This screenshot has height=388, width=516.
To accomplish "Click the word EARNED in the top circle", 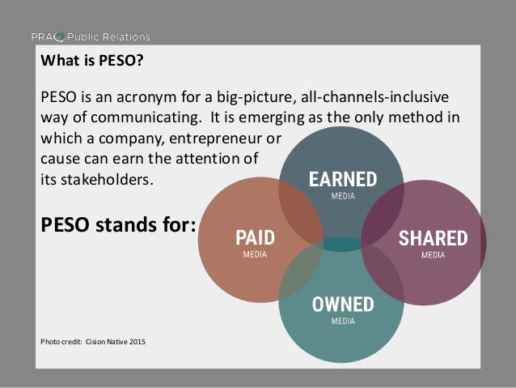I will pyautogui.click(x=343, y=179).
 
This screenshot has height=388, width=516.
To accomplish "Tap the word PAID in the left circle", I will pyautogui.click(x=255, y=238).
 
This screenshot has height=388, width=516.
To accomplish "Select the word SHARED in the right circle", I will pyautogui.click(x=433, y=238).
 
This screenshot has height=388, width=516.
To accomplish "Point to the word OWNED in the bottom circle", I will pyautogui.click(x=343, y=305).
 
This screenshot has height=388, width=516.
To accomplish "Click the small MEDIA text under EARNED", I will pyautogui.click(x=343, y=196).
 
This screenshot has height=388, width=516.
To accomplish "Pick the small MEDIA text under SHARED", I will pyautogui.click(x=433, y=255).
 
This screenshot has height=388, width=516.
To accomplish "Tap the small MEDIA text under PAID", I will pyautogui.click(x=255, y=255).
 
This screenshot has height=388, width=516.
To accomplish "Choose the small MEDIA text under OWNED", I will pyautogui.click(x=343, y=322).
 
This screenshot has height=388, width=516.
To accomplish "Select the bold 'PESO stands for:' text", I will pyautogui.click(x=118, y=223).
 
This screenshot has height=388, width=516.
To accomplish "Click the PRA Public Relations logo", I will pyautogui.click(x=90, y=36).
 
